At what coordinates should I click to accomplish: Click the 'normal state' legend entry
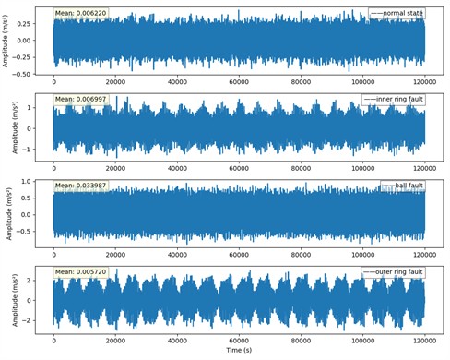click(401, 13)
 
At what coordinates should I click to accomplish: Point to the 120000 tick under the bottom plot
click(425, 341)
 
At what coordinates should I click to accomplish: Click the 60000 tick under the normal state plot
click(240, 81)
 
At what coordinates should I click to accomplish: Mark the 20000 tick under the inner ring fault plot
click(115, 168)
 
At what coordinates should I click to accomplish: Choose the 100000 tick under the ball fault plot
click(363, 254)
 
